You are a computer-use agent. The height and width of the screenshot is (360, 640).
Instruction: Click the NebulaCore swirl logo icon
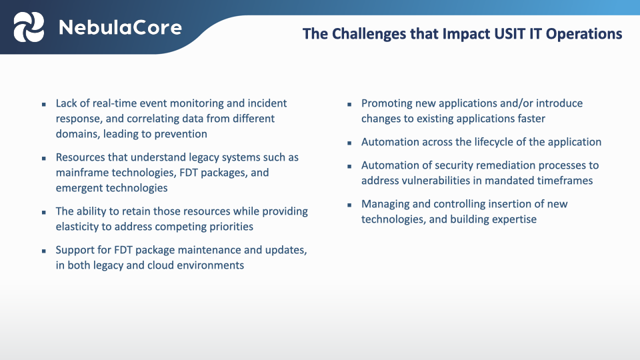click(x=29, y=27)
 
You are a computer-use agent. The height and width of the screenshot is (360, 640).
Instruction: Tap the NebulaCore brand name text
click(x=119, y=27)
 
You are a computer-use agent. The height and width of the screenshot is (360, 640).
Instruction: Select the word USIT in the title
click(x=490, y=34)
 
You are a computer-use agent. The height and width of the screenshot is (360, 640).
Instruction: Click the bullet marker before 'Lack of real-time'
click(x=43, y=105)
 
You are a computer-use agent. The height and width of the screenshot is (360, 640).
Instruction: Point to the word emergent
click(x=79, y=188)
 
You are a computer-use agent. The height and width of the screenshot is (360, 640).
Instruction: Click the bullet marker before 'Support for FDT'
click(x=43, y=251)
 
